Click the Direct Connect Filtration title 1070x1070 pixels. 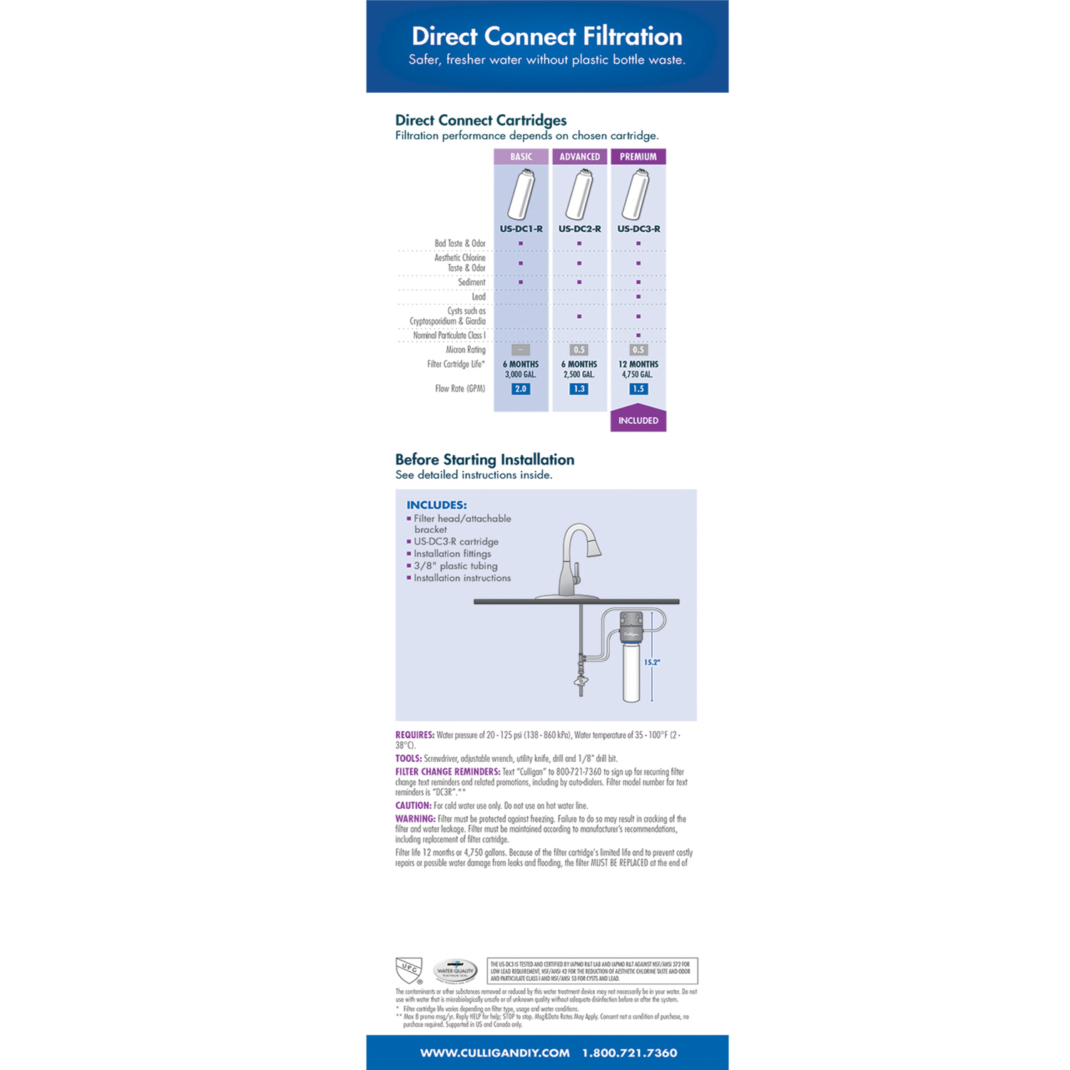pyautogui.click(x=546, y=36)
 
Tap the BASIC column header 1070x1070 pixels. pyautogui.click(x=521, y=157)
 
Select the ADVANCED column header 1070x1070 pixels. pyautogui.click(x=579, y=157)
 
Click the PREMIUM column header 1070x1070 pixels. pyautogui.click(x=638, y=157)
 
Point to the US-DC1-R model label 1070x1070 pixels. pyautogui.click(x=521, y=229)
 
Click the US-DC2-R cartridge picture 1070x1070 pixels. pyautogui.click(x=579, y=194)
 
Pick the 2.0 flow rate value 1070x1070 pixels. pyautogui.click(x=521, y=389)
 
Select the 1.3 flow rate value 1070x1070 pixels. pyautogui.click(x=579, y=389)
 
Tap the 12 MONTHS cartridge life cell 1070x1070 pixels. pyautogui.click(x=638, y=364)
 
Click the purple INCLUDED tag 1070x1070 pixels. pyautogui.click(x=638, y=420)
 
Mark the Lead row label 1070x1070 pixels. pyautogui.click(x=478, y=297)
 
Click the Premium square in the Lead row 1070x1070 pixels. pyautogui.click(x=638, y=297)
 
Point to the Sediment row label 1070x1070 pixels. pyautogui.click(x=472, y=282)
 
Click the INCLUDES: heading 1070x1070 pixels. pyautogui.click(x=437, y=505)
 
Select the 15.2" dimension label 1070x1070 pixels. pyautogui.click(x=652, y=662)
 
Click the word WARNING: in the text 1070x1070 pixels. pyautogui.click(x=415, y=819)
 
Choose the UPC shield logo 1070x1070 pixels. pyautogui.click(x=409, y=970)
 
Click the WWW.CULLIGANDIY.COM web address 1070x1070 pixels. pyautogui.click(x=494, y=1053)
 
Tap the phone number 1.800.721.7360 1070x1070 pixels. pyautogui.click(x=629, y=1053)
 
